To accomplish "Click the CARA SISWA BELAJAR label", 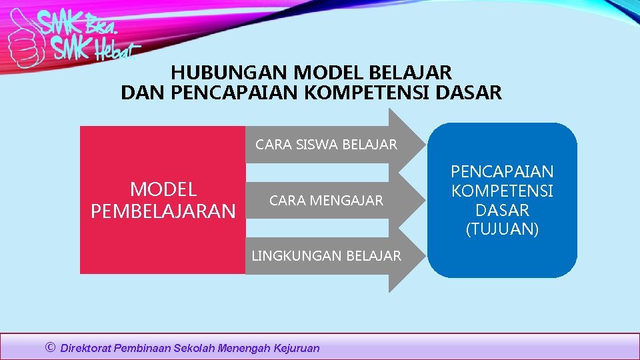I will (326, 145).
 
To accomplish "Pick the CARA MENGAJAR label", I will (326, 200).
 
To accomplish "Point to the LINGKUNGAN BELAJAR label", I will (326, 255).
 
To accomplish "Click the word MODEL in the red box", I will (163, 189).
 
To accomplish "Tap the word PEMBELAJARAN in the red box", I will (163, 211).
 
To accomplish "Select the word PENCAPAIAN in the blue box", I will (502, 172).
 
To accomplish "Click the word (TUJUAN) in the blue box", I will (502, 230).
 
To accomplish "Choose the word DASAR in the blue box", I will (502, 211).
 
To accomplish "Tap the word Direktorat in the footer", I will (86, 348).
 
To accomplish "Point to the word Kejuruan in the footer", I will (297, 348).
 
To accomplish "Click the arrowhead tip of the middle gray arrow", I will (425, 200).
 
